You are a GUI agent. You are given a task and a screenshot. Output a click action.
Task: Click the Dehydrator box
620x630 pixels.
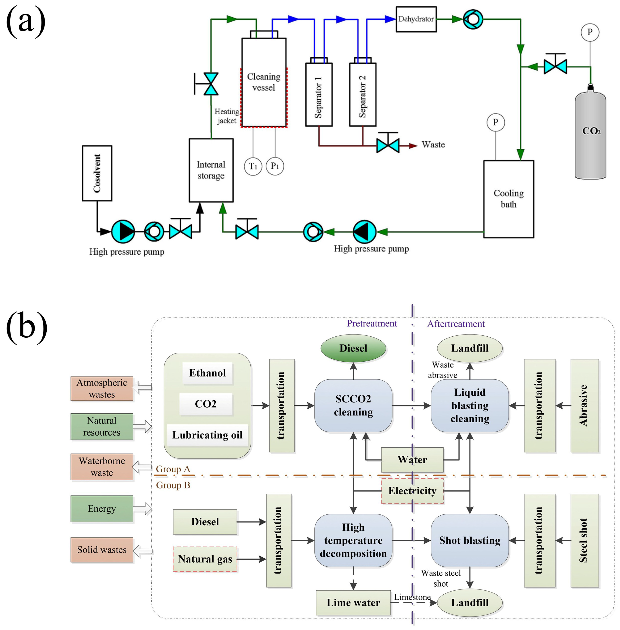click(416, 19)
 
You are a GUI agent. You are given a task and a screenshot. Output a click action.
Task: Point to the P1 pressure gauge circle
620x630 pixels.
click(275, 166)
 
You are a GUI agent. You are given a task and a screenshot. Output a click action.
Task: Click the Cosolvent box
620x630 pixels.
click(97, 173)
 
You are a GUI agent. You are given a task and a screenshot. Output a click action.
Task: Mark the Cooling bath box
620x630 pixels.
click(509, 199)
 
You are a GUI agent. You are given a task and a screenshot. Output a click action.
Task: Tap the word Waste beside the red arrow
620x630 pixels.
click(433, 145)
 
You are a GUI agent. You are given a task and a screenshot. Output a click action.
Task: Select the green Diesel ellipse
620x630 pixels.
click(353, 348)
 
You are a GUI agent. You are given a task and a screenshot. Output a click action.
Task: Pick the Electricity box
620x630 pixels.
click(412, 490)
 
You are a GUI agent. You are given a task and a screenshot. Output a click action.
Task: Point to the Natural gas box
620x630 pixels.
click(205, 559)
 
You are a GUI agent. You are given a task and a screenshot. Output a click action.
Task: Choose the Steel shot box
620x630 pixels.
click(584, 541)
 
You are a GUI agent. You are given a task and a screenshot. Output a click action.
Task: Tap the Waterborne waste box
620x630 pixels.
click(102, 467)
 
